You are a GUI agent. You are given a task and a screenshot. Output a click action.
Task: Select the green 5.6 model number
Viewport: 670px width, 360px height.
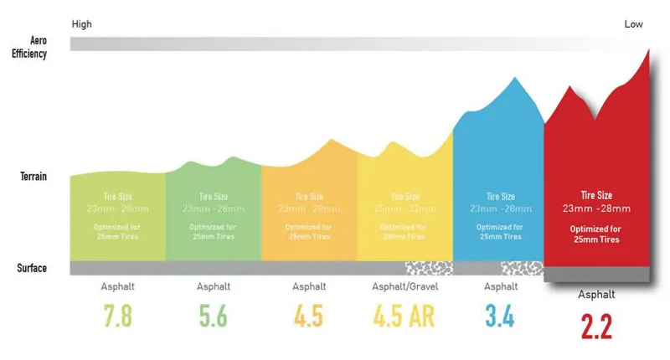213,318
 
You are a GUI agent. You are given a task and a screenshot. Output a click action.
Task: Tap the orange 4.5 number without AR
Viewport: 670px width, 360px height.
309,318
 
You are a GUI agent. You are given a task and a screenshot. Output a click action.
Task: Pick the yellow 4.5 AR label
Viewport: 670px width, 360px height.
405,318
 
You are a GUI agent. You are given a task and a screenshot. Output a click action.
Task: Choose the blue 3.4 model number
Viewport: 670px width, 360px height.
500,318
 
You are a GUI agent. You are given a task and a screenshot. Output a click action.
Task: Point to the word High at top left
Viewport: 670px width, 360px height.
81,24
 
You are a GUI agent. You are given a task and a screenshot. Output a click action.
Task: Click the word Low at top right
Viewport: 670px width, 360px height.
634,24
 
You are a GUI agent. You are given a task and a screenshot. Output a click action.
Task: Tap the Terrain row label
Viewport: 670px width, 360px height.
33,177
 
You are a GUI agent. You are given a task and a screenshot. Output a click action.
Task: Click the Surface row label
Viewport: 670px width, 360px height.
33,268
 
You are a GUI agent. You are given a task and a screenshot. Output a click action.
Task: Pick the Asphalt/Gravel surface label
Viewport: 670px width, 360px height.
405,286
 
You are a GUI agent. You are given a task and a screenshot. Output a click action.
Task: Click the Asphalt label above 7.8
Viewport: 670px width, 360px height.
117,286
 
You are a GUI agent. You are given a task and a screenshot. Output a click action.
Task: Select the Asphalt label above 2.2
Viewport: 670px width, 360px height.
596,295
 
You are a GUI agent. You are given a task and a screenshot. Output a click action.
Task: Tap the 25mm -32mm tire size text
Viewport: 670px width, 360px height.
405,208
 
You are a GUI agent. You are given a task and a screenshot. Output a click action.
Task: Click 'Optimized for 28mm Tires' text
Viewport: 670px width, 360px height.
405,232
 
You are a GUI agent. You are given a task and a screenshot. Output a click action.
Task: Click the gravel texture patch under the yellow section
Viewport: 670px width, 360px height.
429,268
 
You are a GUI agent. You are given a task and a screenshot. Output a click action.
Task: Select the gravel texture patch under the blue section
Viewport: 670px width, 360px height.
522,268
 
